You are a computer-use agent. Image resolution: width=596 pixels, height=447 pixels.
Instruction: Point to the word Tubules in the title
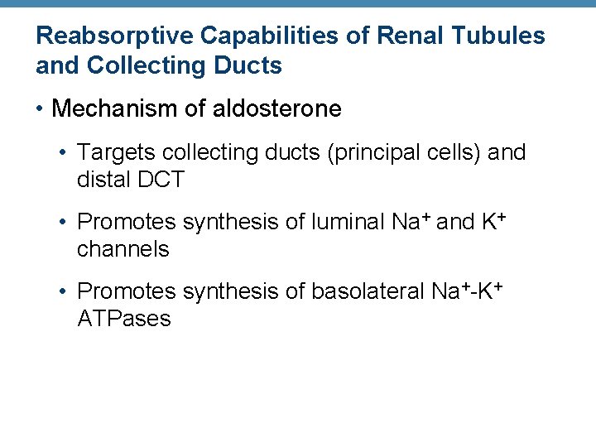pos(503,36)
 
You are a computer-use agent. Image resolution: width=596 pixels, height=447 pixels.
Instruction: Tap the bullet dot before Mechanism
pos(41,108)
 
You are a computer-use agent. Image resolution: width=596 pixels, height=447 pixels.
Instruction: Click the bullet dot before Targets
pos(65,152)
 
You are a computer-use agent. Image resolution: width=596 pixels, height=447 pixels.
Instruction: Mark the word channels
pos(123,248)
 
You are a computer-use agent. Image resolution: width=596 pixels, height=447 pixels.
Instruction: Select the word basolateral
pos(368,291)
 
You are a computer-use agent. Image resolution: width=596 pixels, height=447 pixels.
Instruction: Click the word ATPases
pos(124,318)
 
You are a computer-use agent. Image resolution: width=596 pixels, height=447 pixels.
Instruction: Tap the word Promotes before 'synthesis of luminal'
pos(126,222)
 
